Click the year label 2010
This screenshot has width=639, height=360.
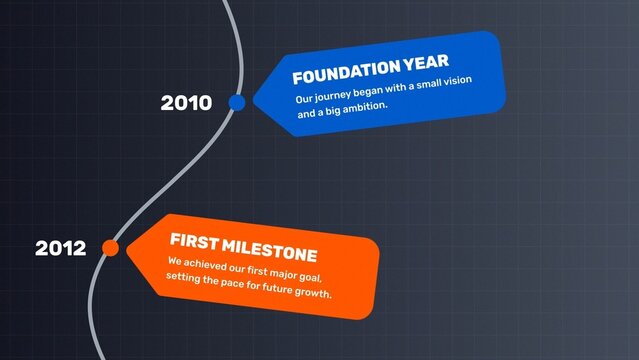click(186, 103)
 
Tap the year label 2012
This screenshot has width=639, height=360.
click(60, 248)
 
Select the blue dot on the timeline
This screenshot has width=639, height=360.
click(237, 102)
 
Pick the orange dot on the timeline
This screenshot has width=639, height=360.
click(111, 247)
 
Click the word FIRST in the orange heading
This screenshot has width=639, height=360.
click(192, 241)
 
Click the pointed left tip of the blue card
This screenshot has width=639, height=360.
click(253, 100)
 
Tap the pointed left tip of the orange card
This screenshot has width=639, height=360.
click(128, 246)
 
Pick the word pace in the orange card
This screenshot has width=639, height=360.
click(233, 285)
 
